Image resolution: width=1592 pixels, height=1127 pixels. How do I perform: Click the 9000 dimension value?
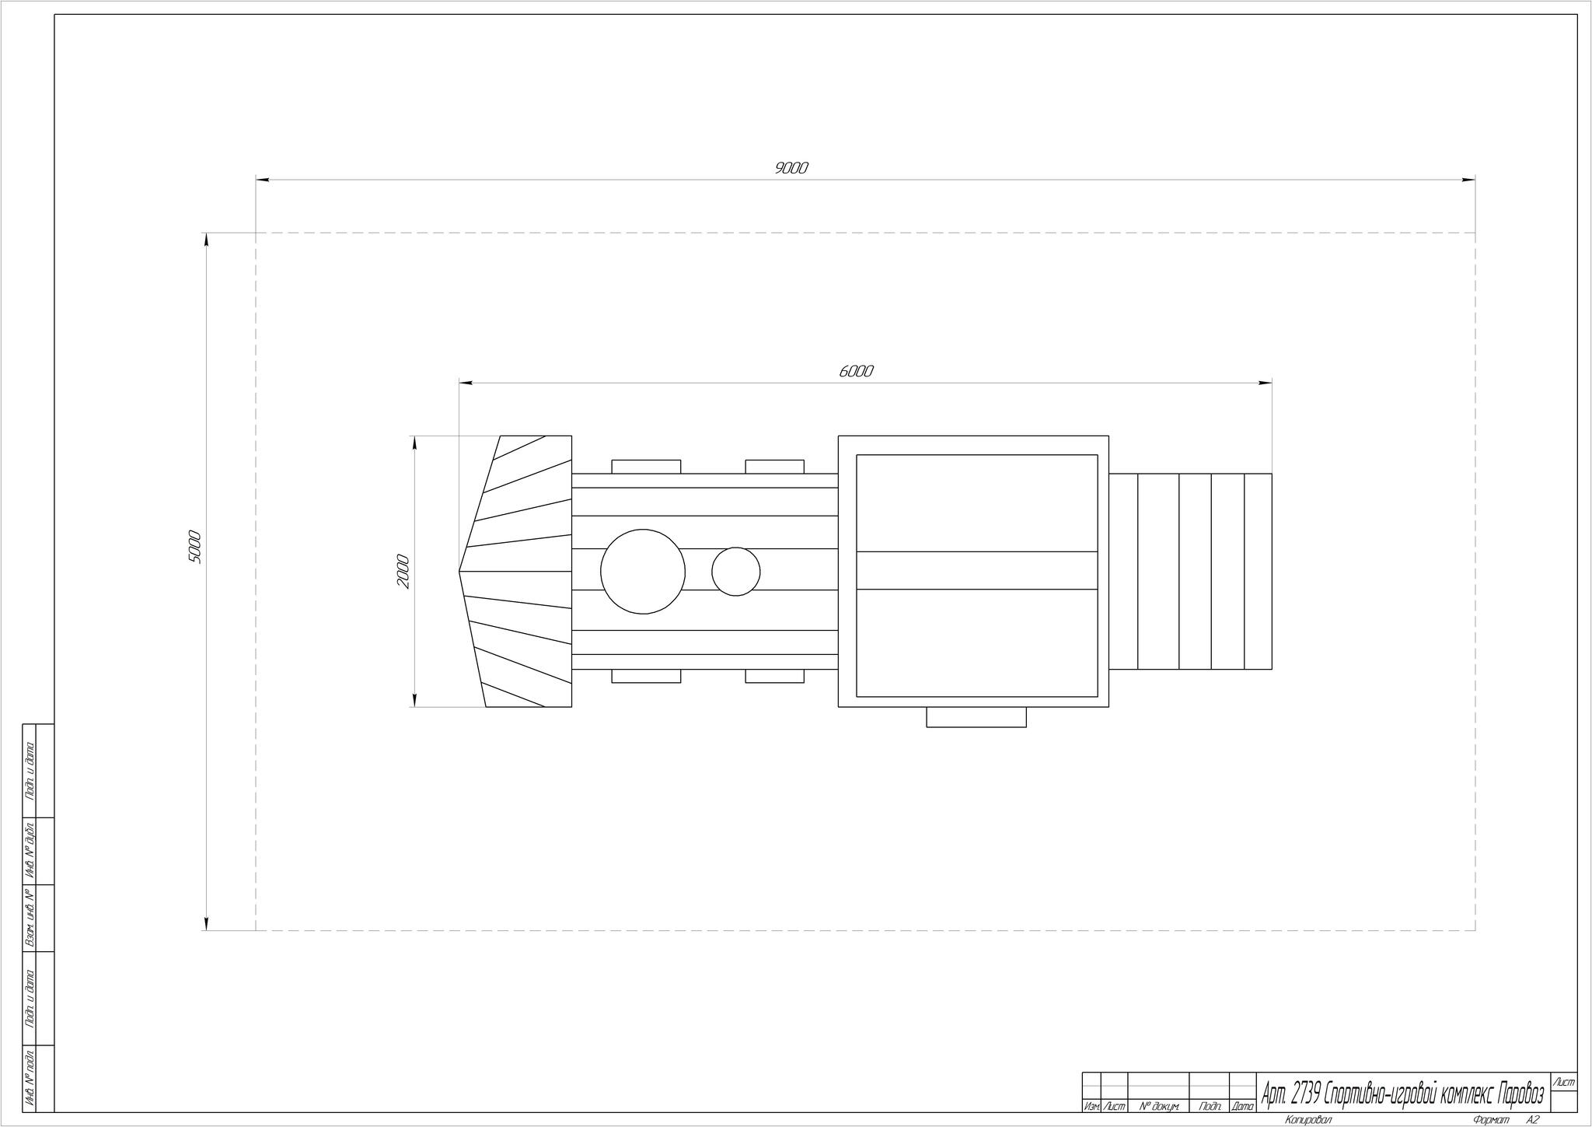pos(791,167)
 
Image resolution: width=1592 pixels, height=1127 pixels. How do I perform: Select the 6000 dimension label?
pos(856,371)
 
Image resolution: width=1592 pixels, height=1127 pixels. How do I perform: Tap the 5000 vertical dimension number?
pos(194,547)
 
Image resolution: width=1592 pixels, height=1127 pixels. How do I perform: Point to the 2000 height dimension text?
pos(403,571)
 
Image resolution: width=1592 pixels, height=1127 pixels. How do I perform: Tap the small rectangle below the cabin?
pos(976,717)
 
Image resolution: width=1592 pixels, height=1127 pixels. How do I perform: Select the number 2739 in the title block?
pos(1306,1095)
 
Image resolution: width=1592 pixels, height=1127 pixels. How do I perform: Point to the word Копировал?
pos(1308,1120)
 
